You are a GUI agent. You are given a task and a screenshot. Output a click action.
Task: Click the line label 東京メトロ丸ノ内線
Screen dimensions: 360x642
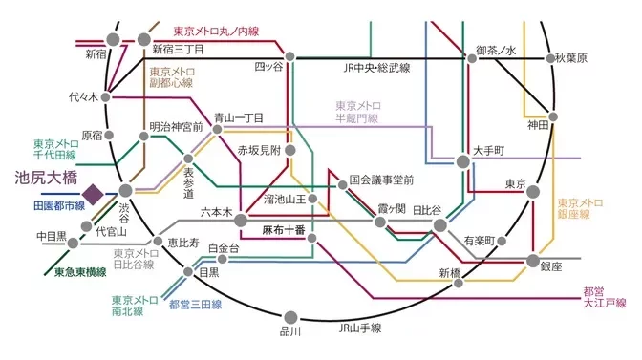217,32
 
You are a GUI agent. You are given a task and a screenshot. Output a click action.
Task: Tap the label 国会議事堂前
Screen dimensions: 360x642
381,179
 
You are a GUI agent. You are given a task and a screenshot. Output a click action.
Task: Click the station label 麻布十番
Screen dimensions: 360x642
284,230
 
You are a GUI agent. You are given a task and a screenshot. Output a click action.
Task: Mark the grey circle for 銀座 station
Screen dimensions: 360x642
533,260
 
